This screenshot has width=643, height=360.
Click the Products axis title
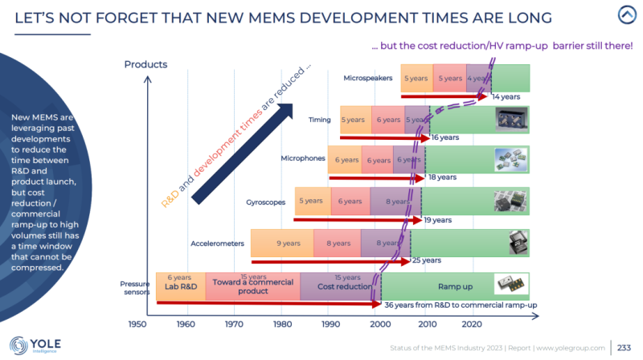click(145, 64)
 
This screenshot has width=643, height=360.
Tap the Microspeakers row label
click(367, 79)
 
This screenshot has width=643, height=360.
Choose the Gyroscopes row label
click(265, 202)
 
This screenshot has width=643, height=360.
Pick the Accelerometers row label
click(218, 243)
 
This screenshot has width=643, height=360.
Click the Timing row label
click(320, 120)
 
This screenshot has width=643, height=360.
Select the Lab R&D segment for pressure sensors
click(180, 286)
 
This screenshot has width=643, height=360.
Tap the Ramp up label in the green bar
click(454, 286)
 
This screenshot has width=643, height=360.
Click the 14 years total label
click(506, 96)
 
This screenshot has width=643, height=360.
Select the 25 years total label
click(426, 260)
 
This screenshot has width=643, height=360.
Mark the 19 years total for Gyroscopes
click(437, 219)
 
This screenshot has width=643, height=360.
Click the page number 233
click(624, 346)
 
